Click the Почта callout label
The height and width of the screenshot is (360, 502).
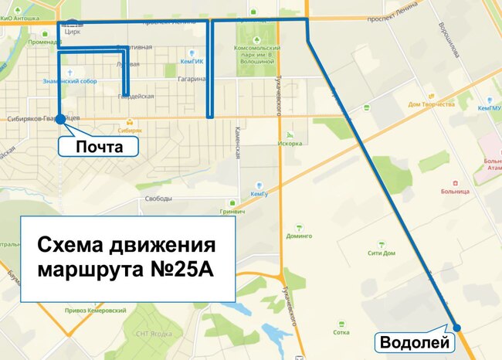click(99, 145)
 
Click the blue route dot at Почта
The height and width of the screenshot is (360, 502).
click(60, 120)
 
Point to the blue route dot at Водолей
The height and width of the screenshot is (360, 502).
click(456, 328)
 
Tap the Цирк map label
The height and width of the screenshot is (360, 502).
click(73, 32)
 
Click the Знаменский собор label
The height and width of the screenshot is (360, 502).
click(71, 80)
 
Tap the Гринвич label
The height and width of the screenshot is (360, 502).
click(232, 211)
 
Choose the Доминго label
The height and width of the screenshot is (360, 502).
click(299, 236)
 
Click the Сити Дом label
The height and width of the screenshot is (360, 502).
click(382, 253)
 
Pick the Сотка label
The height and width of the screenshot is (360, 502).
click(340, 332)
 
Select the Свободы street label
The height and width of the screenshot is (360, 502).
click(158, 199)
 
